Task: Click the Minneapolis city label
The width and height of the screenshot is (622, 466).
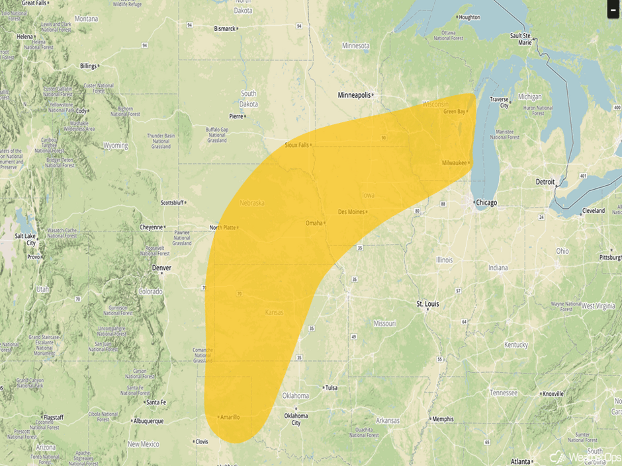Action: click(354, 95)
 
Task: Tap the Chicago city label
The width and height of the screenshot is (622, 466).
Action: click(486, 202)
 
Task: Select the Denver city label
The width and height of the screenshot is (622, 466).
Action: click(161, 268)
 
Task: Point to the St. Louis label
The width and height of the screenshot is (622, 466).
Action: click(427, 304)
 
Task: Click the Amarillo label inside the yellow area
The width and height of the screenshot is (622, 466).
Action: click(230, 417)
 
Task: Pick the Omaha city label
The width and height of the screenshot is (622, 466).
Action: click(314, 223)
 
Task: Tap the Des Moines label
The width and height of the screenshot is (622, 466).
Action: click(351, 212)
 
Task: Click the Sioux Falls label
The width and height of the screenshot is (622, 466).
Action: click(296, 145)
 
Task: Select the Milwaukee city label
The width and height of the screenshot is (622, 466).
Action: click(454, 163)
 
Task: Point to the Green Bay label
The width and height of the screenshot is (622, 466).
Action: click(454, 112)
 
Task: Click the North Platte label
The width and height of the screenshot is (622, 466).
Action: click(222, 227)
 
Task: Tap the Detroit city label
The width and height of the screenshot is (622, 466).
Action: click(545, 181)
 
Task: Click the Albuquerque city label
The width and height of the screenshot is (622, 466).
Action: click(148, 421)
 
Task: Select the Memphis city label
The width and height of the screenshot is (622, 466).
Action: click(443, 419)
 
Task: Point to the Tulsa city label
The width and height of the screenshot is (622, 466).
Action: click(331, 388)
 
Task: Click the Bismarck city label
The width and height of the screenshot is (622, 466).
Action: click(224, 28)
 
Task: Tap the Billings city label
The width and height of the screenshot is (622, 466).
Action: click(87, 66)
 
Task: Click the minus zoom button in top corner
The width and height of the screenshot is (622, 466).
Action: click(613, 10)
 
